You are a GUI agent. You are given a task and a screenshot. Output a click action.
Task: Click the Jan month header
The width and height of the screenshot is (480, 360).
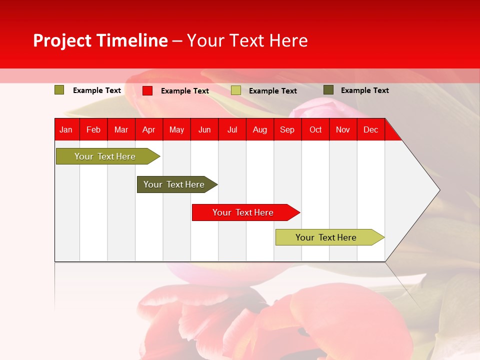point(66,129)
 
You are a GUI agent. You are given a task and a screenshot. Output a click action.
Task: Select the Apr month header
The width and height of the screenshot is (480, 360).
point(148,129)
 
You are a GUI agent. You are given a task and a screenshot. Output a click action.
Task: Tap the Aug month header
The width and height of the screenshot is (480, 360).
point(259,129)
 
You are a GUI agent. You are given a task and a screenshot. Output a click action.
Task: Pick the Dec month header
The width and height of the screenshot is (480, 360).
point(370,129)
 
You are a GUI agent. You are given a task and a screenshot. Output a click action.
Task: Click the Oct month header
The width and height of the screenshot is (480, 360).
point(315,129)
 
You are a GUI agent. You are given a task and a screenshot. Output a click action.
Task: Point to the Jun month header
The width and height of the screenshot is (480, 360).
point(204,129)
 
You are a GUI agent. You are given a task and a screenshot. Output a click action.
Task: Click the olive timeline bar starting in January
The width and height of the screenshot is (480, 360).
point(105,156)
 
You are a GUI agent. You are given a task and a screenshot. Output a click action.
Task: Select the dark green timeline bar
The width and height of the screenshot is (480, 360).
point(174,184)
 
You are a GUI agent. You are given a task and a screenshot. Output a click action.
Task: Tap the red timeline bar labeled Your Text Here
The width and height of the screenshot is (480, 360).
point(243,212)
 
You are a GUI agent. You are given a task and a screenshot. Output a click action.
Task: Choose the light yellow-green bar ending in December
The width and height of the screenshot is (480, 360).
point(326,237)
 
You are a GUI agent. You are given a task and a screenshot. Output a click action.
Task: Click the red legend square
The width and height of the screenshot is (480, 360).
point(147,90)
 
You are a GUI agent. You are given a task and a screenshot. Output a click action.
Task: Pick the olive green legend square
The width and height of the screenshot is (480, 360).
point(59,90)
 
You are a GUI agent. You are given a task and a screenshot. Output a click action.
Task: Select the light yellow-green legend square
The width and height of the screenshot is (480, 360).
point(236,90)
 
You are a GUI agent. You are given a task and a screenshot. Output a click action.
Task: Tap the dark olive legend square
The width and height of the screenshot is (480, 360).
point(328,90)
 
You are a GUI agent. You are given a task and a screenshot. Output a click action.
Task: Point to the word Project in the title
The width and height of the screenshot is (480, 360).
point(62,40)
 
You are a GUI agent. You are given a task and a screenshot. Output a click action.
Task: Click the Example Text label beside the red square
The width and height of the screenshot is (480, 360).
point(185,91)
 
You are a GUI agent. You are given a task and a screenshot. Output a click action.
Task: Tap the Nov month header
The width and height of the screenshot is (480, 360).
point(343,129)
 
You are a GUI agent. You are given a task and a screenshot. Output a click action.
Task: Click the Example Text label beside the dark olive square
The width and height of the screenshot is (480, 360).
point(365,90)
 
